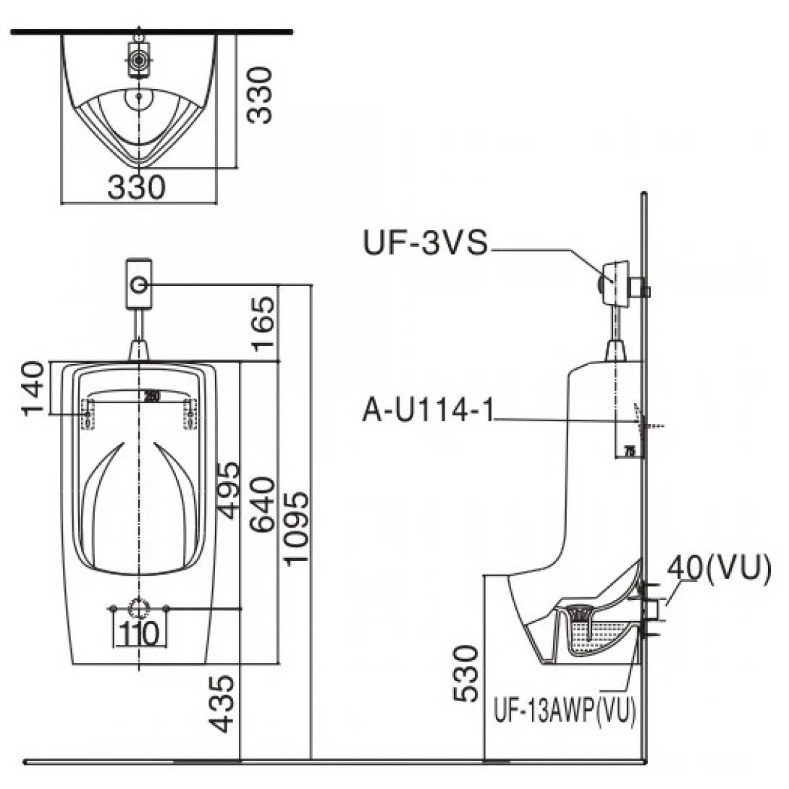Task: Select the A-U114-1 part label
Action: (427, 411)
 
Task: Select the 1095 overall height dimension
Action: (296, 528)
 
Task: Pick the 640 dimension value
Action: (263, 505)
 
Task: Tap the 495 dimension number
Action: (229, 490)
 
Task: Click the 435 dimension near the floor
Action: (224, 703)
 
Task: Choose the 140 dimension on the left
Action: (33, 389)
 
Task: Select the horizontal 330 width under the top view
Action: (137, 187)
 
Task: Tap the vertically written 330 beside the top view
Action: (258, 95)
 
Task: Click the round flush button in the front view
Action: (138, 285)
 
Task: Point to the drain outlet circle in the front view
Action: (138, 608)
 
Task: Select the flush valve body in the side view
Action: (617, 284)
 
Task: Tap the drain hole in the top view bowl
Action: (138, 95)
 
